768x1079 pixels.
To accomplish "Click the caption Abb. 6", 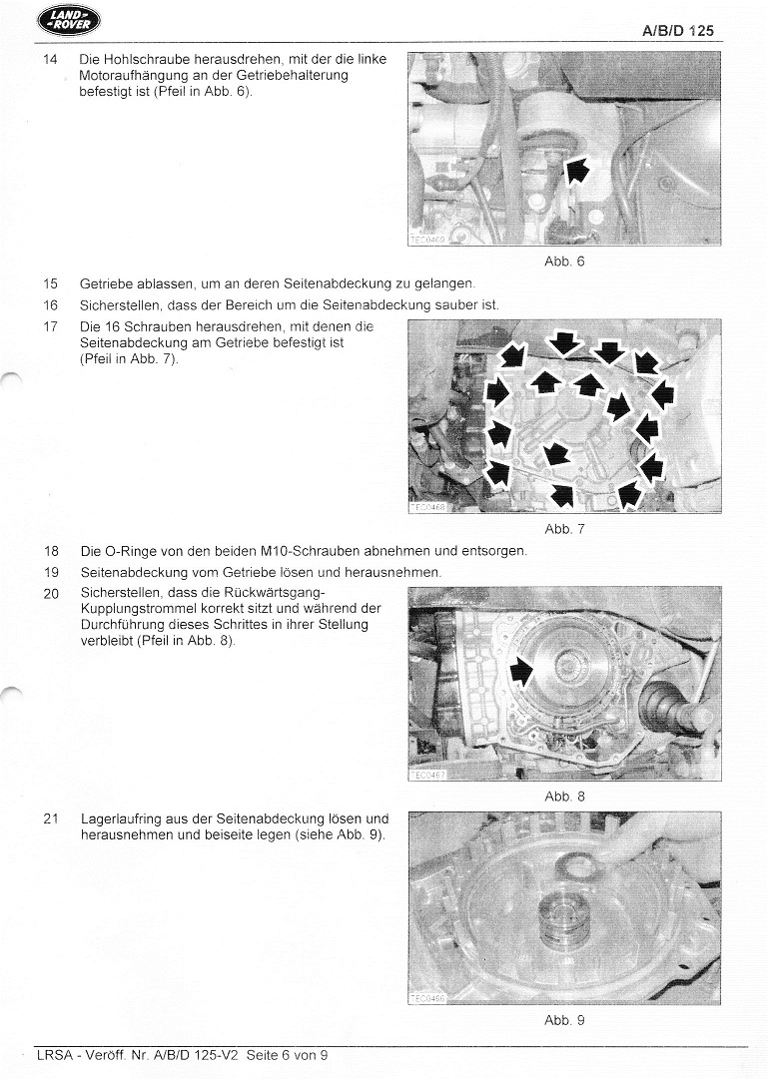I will [x=564, y=262].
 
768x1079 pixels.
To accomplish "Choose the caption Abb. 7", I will [x=564, y=529].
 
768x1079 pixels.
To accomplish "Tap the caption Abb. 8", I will [x=564, y=797].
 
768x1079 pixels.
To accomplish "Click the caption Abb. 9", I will [x=564, y=1020].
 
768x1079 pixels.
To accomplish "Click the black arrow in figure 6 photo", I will [x=576, y=171].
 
